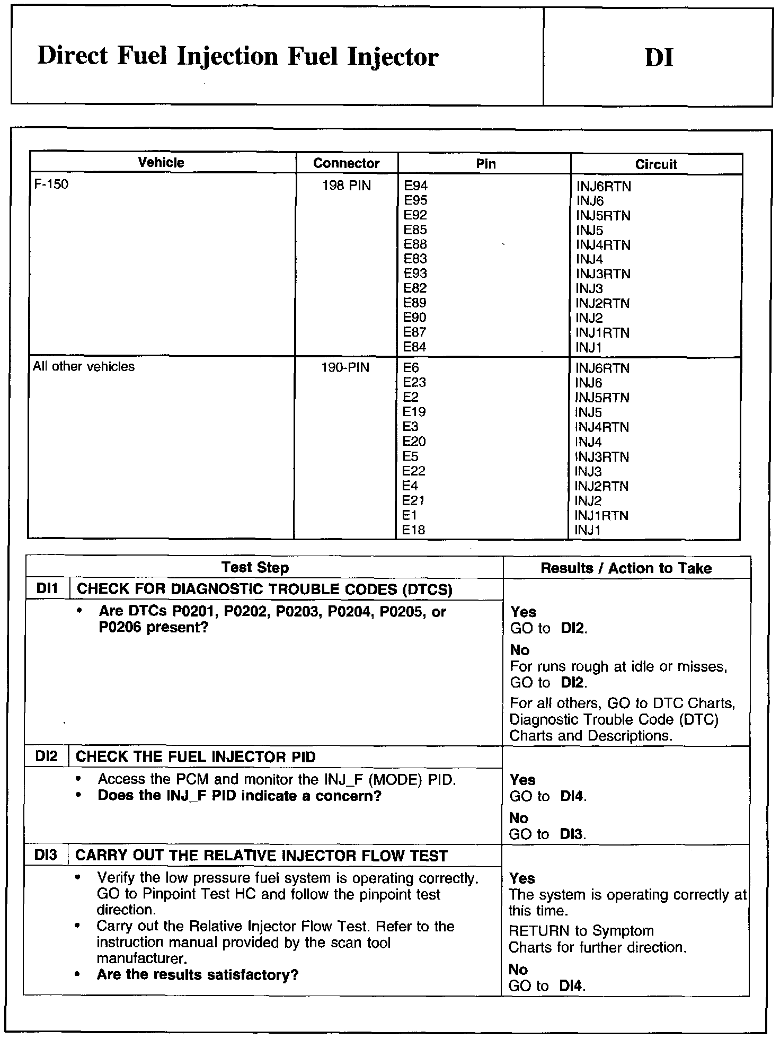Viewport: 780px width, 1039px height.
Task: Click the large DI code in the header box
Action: (x=659, y=57)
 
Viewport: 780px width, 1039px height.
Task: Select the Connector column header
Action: (x=346, y=163)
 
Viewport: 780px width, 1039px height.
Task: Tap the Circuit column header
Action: (x=656, y=164)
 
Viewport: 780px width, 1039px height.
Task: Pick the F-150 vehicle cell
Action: (x=51, y=185)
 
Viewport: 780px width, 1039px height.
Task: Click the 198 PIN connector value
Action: (x=347, y=186)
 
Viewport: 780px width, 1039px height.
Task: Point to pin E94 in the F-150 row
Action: (x=415, y=186)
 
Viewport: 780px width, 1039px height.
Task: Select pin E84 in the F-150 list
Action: (x=415, y=347)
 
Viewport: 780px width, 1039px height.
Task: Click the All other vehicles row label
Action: (x=84, y=367)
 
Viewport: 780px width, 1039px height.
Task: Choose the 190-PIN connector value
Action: (x=345, y=367)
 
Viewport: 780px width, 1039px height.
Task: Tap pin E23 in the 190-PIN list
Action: (x=414, y=382)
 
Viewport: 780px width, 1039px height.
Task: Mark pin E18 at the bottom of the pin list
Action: (x=414, y=530)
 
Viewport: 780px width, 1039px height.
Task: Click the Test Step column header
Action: (x=255, y=568)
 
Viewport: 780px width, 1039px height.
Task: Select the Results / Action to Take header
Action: (x=626, y=568)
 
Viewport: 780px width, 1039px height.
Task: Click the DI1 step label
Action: (x=47, y=589)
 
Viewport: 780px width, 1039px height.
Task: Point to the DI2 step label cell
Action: (x=47, y=756)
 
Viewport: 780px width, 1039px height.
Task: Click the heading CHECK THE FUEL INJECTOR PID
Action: (x=196, y=757)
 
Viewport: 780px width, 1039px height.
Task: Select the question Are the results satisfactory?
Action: (x=198, y=975)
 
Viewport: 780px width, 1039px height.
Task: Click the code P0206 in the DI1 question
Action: (x=125, y=628)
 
